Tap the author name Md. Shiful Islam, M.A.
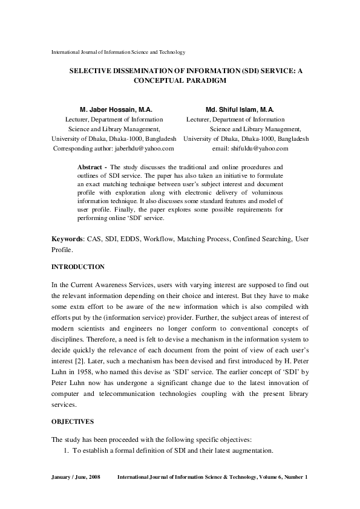pos(240,110)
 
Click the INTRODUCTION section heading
pos(78,267)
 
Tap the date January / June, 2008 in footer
pos(76,478)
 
